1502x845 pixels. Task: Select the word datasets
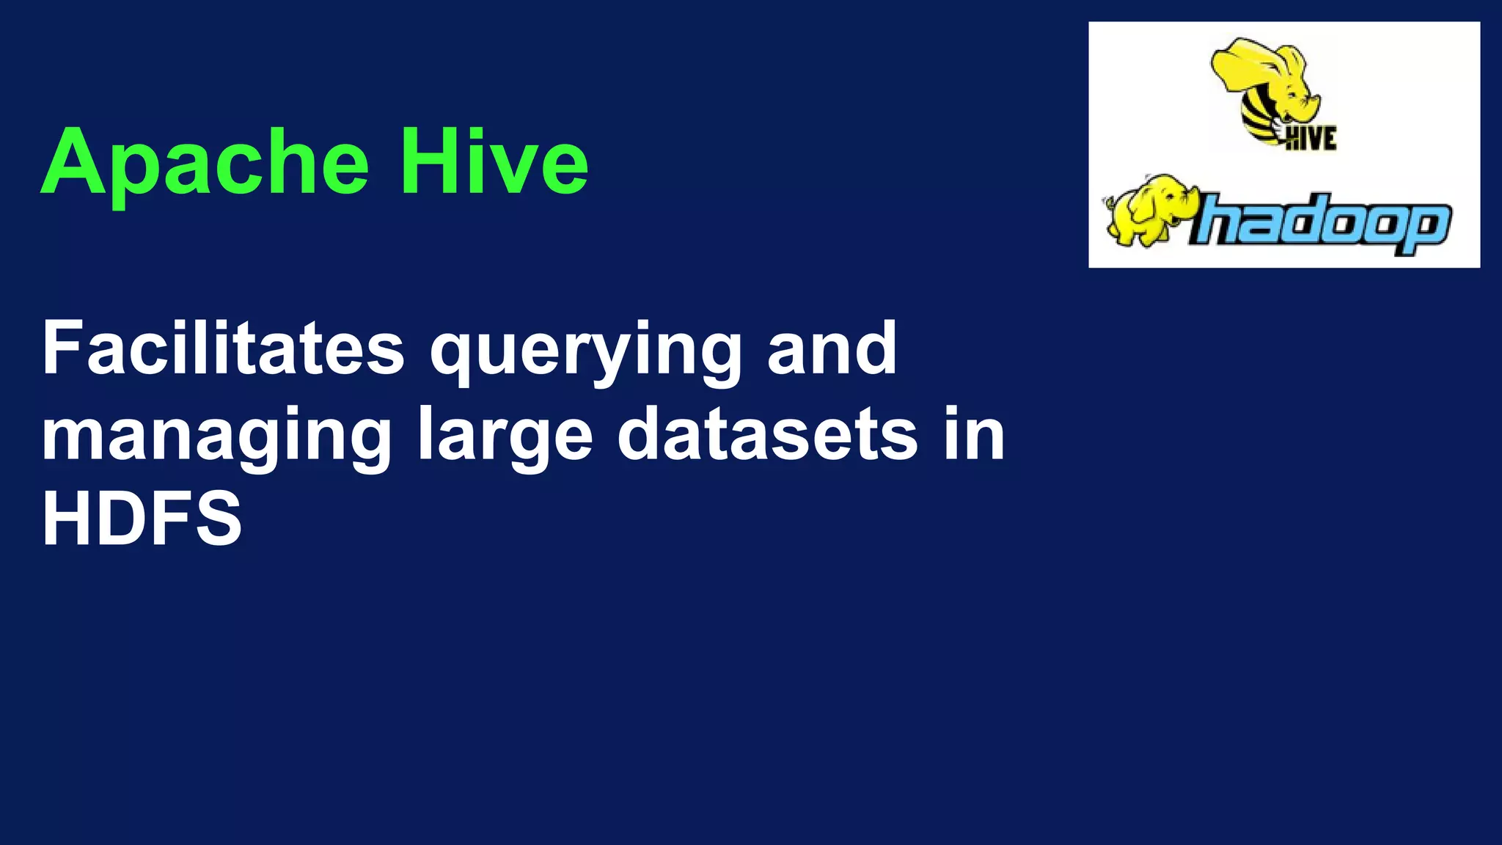[767, 434]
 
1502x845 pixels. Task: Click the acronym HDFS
[142, 519]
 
